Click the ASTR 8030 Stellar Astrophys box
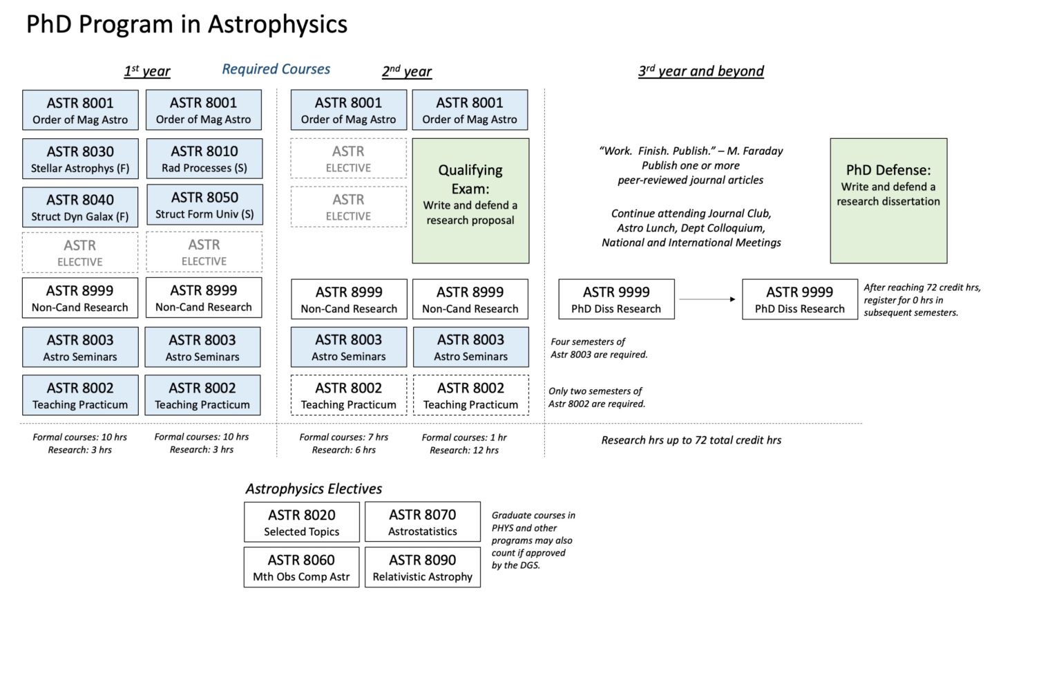click(80, 159)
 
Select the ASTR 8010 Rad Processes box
click(204, 159)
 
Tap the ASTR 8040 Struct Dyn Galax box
click(80, 207)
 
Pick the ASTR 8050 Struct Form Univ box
click(204, 205)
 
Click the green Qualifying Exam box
click(470, 200)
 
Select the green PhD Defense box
click(888, 200)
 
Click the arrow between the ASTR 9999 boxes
click(708, 299)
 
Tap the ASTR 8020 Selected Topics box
click(302, 523)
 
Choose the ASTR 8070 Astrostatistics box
click(423, 523)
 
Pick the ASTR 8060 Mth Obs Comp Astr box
click(302, 567)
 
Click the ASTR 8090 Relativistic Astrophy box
click(423, 567)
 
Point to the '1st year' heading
click(147, 70)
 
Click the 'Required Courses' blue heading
click(276, 69)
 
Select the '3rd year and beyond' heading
click(701, 70)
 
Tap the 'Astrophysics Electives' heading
click(314, 489)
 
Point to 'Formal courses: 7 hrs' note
click(343, 437)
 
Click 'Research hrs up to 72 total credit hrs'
click(691, 440)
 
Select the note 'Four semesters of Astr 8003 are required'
click(599, 348)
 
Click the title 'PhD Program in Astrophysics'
click(187, 25)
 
